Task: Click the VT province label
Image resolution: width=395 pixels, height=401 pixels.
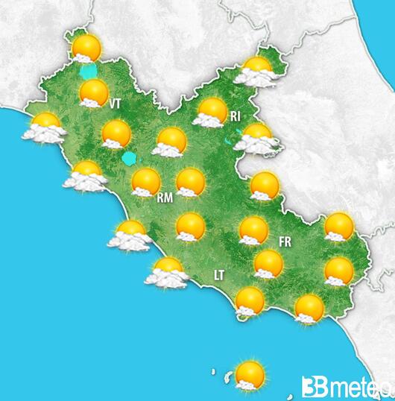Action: click(115, 104)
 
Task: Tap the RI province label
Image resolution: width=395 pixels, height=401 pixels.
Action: click(236, 116)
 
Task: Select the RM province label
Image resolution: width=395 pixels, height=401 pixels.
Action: click(165, 198)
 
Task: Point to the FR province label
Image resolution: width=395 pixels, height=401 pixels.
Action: click(284, 241)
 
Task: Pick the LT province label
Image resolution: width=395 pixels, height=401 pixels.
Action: click(219, 276)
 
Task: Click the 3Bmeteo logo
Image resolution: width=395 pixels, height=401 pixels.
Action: click(346, 387)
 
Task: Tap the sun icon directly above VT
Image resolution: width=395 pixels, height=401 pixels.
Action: click(94, 93)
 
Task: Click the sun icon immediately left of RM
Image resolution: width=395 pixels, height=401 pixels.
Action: click(145, 181)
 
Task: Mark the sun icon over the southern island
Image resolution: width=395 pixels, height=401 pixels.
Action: click(250, 374)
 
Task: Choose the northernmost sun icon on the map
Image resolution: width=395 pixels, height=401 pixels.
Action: click(86, 48)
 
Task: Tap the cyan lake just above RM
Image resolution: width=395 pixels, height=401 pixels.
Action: click(131, 159)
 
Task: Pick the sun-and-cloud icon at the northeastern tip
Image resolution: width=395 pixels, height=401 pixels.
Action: click(258, 70)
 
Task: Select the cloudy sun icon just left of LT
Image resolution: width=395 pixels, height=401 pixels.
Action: click(167, 272)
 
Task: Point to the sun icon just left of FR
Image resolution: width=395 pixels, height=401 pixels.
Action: click(253, 230)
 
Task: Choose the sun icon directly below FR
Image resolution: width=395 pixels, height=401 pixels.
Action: click(268, 263)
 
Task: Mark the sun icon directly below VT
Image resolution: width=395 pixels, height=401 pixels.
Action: click(116, 134)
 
